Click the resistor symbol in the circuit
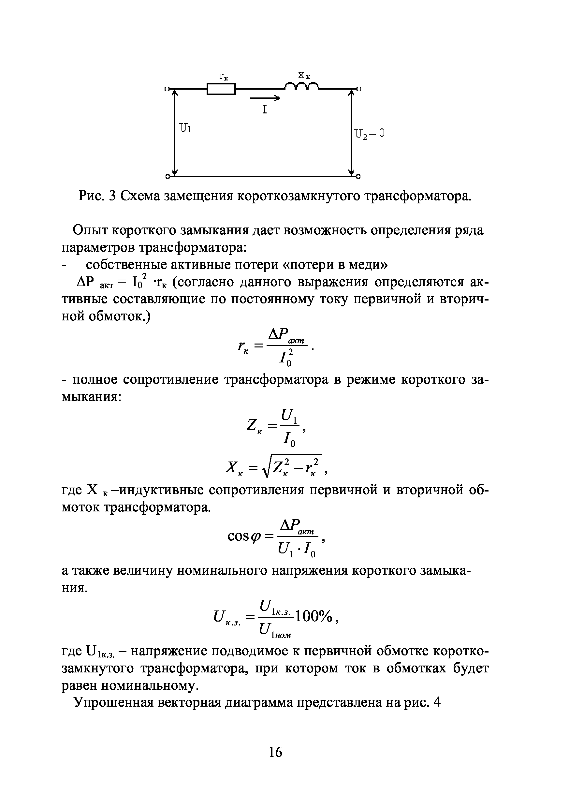click(221, 89)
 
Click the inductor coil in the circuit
click(301, 86)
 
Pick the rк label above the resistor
click(224, 77)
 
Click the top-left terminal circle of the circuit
click(167, 89)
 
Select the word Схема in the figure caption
click(140, 196)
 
